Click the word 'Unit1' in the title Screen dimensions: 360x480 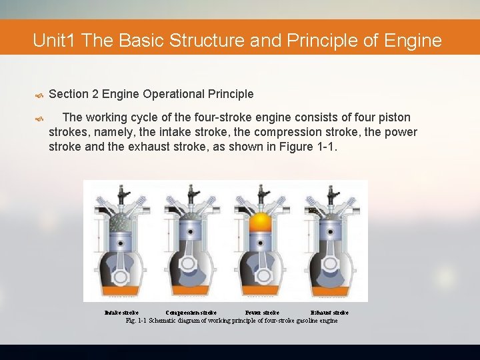point(55,41)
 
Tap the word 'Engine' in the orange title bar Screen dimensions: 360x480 point(413,41)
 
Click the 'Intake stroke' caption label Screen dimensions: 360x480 point(121,312)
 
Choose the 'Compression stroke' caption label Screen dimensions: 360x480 point(191,312)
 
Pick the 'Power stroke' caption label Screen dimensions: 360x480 point(262,312)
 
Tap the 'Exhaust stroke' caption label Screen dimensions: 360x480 point(329,312)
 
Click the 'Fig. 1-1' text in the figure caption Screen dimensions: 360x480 point(136,321)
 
